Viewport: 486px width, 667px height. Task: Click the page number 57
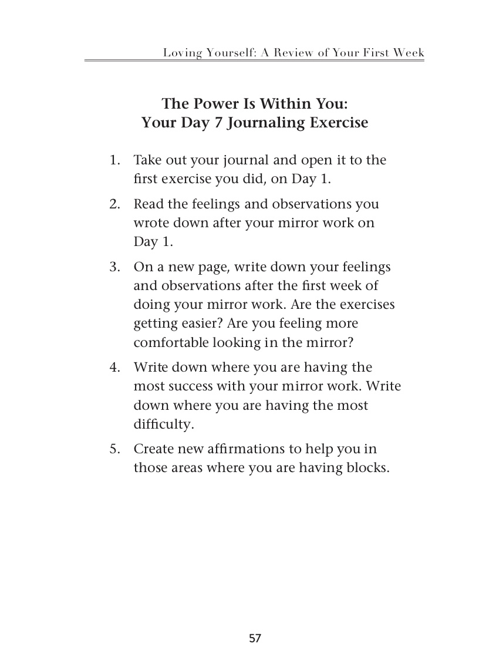(254, 638)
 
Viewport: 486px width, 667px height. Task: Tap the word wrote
(150, 224)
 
